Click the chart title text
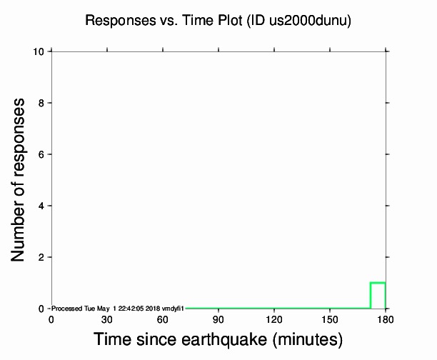[x=218, y=21]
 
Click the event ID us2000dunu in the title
[x=316, y=21]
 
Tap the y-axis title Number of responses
[x=21, y=179]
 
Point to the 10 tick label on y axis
[x=41, y=51]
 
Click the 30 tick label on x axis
[x=107, y=319]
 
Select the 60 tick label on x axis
[x=163, y=319]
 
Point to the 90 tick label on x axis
[x=218, y=319]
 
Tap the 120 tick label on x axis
[x=274, y=319]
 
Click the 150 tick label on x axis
[x=330, y=319]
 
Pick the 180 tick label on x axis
[x=386, y=319]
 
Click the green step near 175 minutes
[x=378, y=283]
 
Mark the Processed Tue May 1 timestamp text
[x=118, y=309]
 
